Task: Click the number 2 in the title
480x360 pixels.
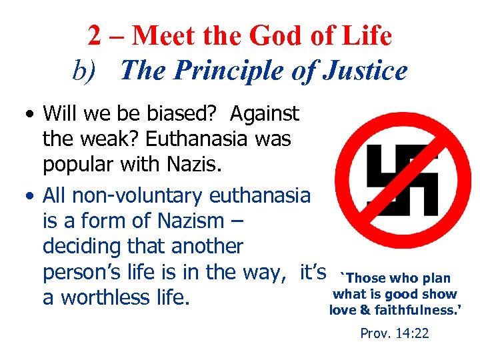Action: pyautogui.click(x=95, y=36)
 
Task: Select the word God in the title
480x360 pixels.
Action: pyautogui.click(x=269, y=36)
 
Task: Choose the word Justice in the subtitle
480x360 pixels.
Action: pyautogui.click(x=365, y=70)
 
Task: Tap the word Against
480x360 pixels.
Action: pyautogui.click(x=265, y=115)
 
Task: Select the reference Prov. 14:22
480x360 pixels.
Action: pyautogui.click(x=394, y=333)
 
